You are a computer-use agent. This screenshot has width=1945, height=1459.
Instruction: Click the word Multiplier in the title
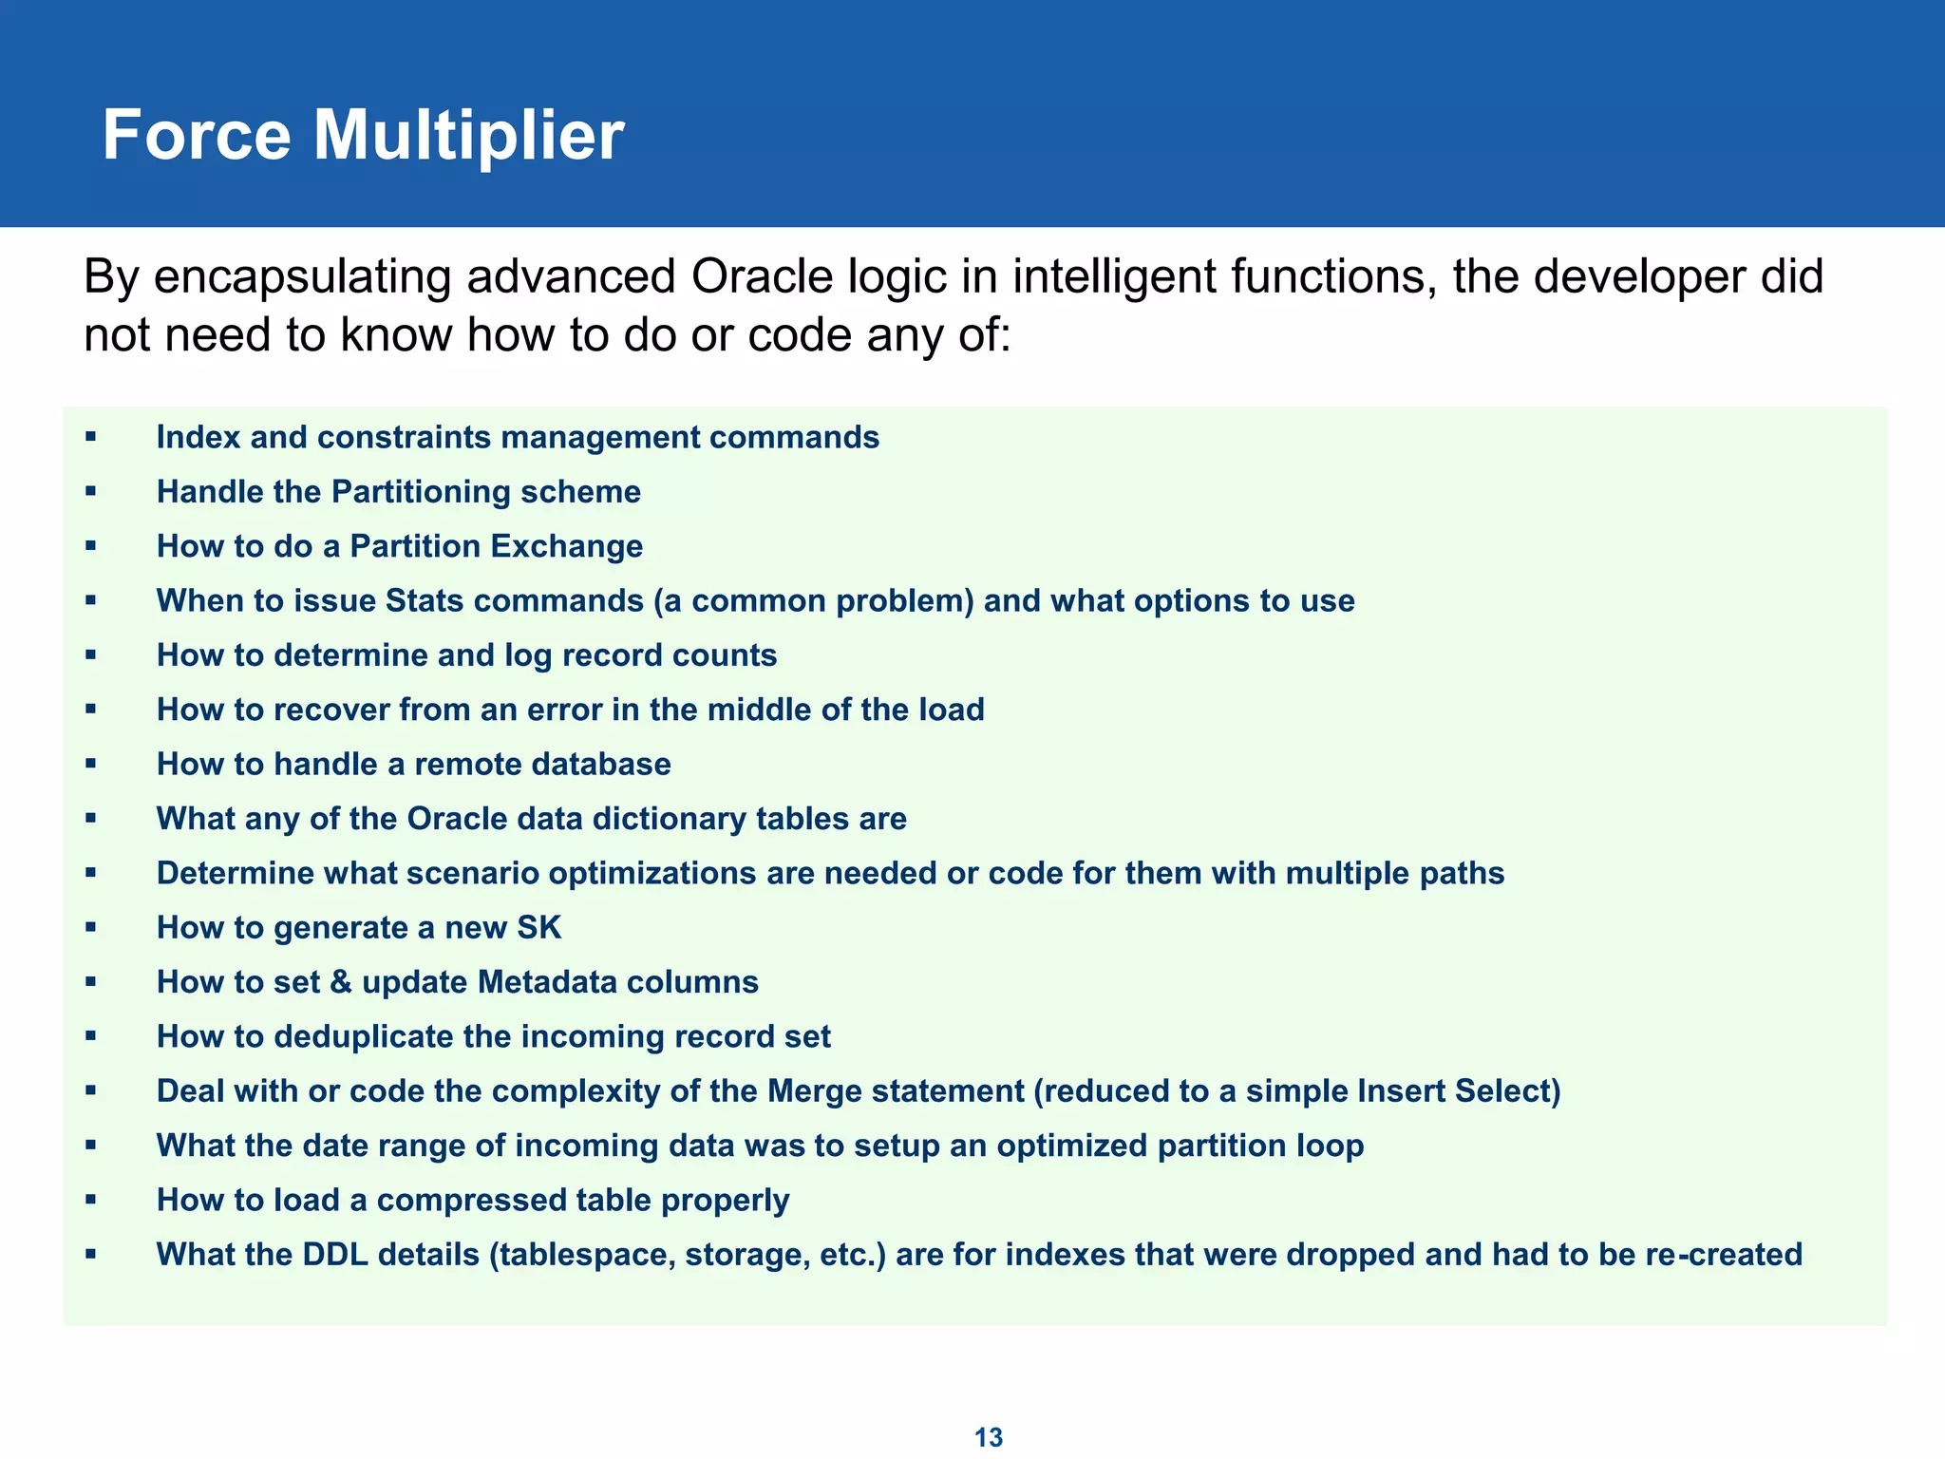(468, 136)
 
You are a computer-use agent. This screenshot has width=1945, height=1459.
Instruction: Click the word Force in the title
(196, 136)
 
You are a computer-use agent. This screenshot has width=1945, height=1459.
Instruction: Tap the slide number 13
(989, 1437)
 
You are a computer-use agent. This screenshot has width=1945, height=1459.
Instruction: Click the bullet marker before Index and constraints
(91, 437)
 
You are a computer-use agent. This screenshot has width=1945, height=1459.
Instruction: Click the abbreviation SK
(538, 927)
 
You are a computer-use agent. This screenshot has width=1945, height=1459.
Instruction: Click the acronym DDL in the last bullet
(335, 1255)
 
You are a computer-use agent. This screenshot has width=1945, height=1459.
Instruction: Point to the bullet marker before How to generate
(91, 927)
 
